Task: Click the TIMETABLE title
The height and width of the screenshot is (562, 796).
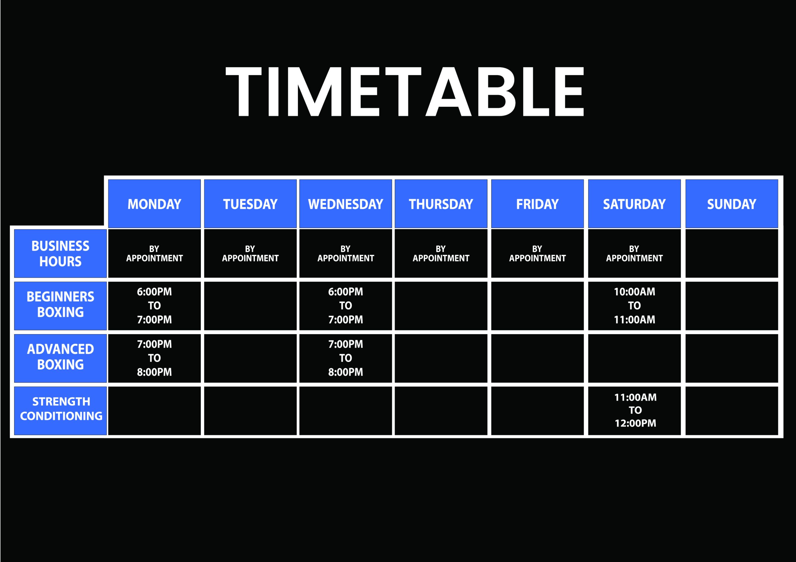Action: point(405,91)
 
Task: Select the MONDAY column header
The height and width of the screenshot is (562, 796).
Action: point(154,204)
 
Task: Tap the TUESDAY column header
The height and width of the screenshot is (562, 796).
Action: point(250,204)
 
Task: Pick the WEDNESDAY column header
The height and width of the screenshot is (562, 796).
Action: point(346,204)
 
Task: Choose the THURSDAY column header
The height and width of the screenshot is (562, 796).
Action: point(441,204)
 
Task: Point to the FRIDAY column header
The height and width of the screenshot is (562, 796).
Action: point(537,204)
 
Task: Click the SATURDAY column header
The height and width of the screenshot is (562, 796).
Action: point(634,204)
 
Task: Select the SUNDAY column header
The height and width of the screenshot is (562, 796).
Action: point(732,204)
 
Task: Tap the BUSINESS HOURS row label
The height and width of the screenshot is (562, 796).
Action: point(60,254)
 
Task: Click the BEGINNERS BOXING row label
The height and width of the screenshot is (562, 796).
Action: point(60,306)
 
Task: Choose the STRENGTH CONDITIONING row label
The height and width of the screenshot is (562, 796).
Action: point(60,411)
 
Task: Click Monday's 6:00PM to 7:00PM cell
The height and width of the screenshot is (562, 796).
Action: point(154,306)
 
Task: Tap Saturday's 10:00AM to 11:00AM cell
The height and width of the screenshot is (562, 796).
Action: point(634,306)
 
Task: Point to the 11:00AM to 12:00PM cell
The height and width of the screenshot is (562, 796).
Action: point(634,411)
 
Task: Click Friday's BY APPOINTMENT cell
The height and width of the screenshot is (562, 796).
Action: point(537,254)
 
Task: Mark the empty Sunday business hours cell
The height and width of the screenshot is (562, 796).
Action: point(732,254)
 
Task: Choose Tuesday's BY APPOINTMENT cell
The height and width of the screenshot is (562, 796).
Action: point(250,254)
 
